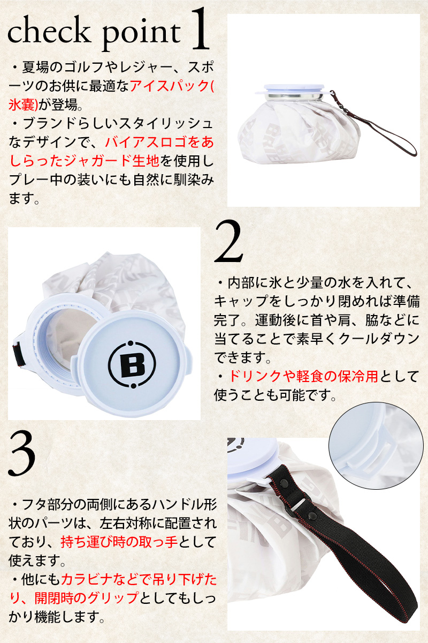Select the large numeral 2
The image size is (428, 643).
(228, 241)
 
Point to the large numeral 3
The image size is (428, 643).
(22, 454)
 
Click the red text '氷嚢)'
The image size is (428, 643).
(23, 104)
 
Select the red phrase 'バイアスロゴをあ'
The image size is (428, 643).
(159, 143)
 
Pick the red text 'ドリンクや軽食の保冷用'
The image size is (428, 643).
(304, 376)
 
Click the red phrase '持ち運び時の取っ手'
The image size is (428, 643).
(119, 542)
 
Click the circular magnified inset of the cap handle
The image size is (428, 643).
(376, 445)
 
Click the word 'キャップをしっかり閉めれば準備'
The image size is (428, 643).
(317, 301)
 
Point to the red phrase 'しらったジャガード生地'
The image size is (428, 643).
(84, 161)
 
